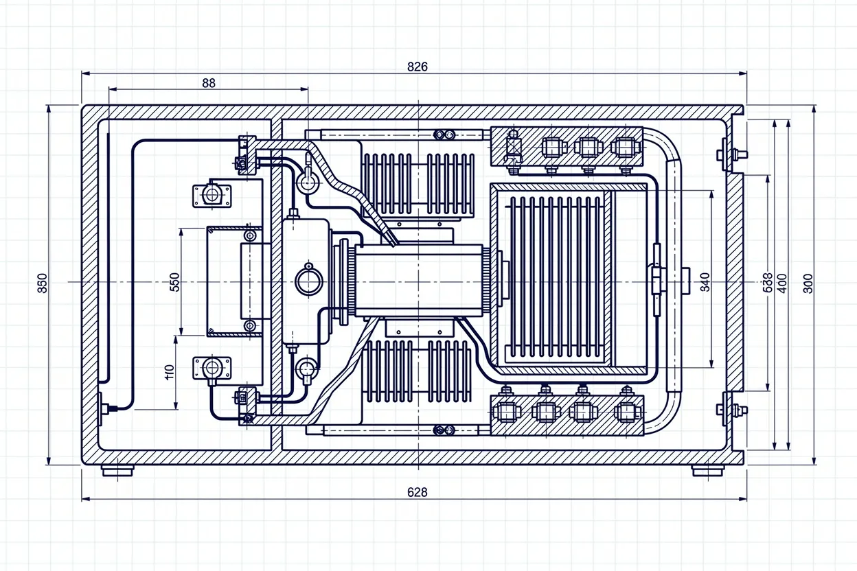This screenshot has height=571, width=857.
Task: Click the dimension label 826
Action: (417, 67)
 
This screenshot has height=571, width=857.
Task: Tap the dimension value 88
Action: (209, 83)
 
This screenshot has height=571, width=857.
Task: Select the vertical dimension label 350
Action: (43, 283)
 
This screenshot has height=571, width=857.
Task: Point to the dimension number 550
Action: (174, 282)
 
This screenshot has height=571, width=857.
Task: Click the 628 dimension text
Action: (417, 492)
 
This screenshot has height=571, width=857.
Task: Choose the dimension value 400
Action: (781, 282)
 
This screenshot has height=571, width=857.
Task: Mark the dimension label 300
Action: (808, 283)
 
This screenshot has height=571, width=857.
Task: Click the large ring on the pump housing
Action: (308, 281)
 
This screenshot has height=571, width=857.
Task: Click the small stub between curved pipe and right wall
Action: (685, 281)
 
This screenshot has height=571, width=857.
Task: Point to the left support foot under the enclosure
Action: (117, 471)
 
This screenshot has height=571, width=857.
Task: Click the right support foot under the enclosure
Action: (707, 471)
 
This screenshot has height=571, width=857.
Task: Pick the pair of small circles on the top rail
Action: (444, 135)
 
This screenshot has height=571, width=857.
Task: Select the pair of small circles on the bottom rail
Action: (444, 430)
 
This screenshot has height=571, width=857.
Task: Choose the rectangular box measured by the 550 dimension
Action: (234, 281)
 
